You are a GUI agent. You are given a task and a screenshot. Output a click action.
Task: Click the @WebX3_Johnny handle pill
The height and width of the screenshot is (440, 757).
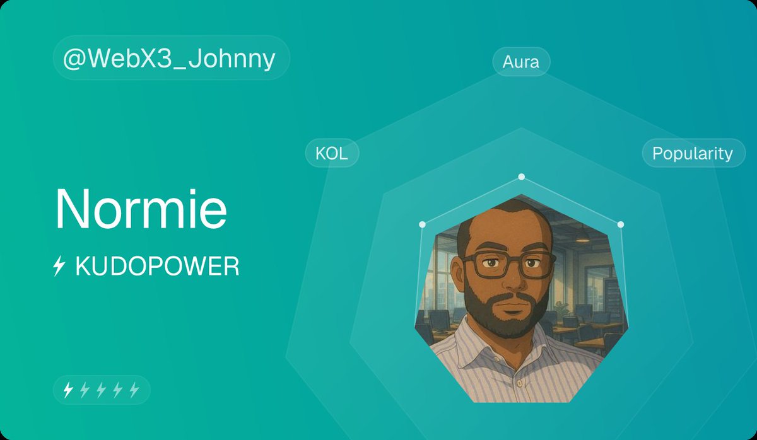point(170,58)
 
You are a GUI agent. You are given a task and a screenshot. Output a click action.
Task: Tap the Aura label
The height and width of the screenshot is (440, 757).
point(521,62)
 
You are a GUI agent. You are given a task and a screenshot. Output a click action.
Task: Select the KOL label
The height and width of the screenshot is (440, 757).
point(332,153)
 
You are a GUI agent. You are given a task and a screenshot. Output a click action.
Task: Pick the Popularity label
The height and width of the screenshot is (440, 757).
point(693,153)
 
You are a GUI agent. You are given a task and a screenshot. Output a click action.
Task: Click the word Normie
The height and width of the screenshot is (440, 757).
point(141,209)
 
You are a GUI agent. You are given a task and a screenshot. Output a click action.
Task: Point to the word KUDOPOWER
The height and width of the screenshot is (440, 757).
point(157,267)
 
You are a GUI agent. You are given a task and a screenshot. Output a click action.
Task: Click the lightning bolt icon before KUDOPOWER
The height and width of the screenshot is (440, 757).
point(59,268)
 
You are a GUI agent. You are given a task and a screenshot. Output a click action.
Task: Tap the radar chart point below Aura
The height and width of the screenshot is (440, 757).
point(521,177)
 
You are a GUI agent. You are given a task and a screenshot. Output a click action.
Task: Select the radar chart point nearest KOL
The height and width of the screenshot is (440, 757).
point(423,224)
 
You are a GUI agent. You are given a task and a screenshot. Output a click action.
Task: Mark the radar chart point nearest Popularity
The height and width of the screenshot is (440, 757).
point(620,224)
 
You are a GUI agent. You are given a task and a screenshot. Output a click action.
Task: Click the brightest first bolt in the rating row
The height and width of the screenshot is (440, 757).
point(68,390)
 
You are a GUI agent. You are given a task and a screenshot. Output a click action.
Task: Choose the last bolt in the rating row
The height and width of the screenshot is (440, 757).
point(134,390)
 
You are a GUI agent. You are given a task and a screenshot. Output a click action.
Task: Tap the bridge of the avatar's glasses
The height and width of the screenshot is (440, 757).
point(508,258)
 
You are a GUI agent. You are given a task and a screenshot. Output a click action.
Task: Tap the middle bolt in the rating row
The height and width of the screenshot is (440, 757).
point(101,390)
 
